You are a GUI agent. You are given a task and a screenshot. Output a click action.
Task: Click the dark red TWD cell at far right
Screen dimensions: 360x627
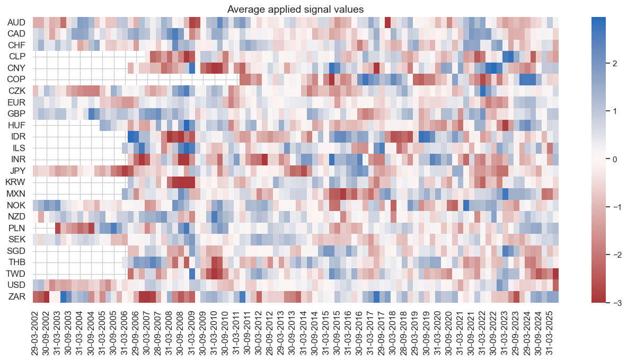[x=555, y=273]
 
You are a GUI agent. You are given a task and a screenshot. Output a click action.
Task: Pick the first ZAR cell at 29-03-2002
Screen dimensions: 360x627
[x=36, y=296]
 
